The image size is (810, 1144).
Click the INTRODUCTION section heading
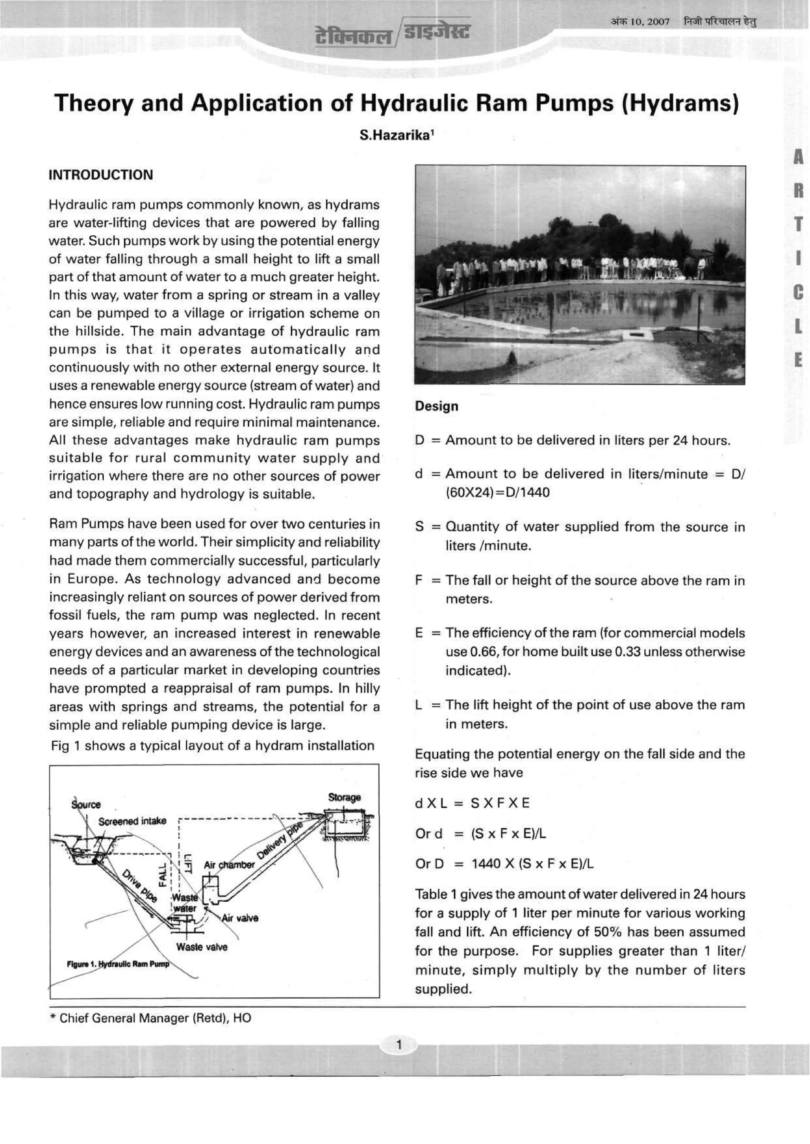click(x=101, y=175)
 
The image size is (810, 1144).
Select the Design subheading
click(x=436, y=406)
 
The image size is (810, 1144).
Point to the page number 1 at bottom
click(x=399, y=1045)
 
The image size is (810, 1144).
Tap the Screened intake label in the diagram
click(x=132, y=821)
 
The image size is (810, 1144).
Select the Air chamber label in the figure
click(x=229, y=865)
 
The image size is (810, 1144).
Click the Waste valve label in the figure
click(x=201, y=947)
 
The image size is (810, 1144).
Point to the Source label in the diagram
click(x=86, y=804)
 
